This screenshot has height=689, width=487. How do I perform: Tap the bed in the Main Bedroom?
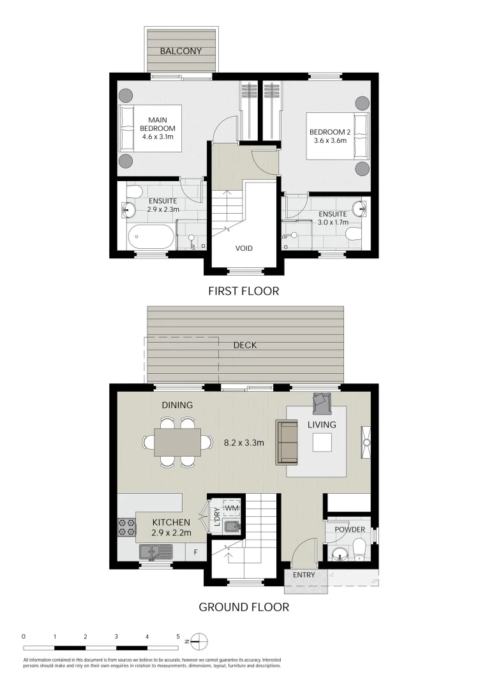coord(151,128)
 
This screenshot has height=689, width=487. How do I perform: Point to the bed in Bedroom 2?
coord(337,136)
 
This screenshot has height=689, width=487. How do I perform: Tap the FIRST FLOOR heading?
coord(244,292)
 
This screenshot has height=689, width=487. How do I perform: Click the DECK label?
coord(244,345)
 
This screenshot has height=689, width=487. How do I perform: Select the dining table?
coord(177,442)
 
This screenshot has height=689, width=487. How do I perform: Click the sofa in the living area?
coord(286,442)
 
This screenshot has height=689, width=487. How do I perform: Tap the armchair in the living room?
coord(321,402)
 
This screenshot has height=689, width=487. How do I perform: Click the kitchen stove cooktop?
coord(126,526)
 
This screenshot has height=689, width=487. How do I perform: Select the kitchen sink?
coord(154,551)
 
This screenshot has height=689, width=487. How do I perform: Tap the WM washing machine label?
coord(232,507)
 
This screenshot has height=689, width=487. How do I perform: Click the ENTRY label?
coord(304,575)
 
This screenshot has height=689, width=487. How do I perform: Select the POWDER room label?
coord(350,530)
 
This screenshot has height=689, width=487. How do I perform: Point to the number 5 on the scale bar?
coord(178,636)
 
